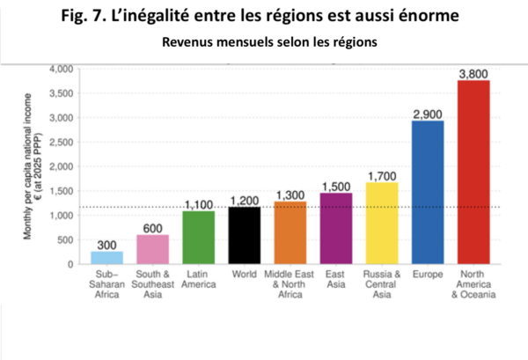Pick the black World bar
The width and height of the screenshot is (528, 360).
(245, 235)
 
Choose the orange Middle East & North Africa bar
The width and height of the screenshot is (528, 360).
(290, 232)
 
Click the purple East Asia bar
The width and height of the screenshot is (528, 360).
(336, 228)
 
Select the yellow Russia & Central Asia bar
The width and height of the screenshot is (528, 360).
(382, 223)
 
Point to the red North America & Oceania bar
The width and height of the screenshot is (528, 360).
(473, 172)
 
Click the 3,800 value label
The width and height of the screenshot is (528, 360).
(473, 72)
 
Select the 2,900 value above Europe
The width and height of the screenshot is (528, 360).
(429, 113)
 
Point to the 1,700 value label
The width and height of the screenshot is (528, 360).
(382, 174)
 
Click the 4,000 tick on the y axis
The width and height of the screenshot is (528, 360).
(64, 69)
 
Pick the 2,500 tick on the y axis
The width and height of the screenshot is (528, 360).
(64, 142)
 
